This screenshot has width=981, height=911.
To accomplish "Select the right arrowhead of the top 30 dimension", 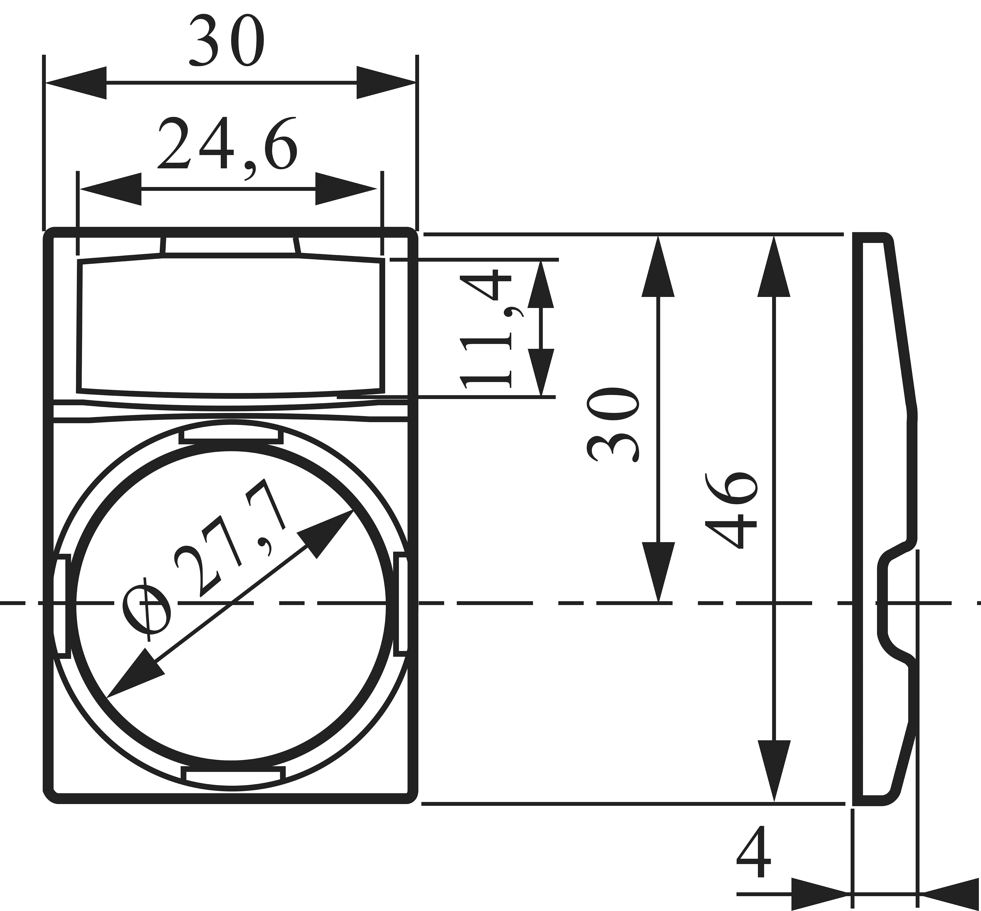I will coord(386,83).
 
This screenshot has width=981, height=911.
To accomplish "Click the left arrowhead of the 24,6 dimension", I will coord(111,189).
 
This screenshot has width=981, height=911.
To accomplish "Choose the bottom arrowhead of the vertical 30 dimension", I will coord(658,572).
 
